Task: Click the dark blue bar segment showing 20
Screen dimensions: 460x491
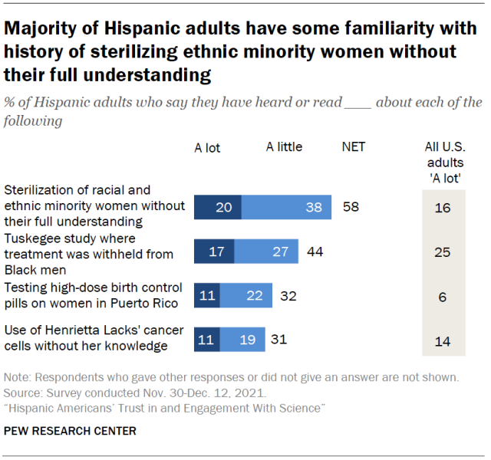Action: (x=217, y=207)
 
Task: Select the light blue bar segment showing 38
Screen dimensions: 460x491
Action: (x=286, y=207)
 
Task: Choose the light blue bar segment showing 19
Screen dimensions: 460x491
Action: (x=242, y=339)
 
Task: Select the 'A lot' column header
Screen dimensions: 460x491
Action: (x=207, y=148)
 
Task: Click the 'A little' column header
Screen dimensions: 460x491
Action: (x=284, y=147)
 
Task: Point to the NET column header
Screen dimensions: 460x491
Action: (x=353, y=147)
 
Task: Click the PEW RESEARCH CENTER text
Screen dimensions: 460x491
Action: (x=70, y=432)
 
